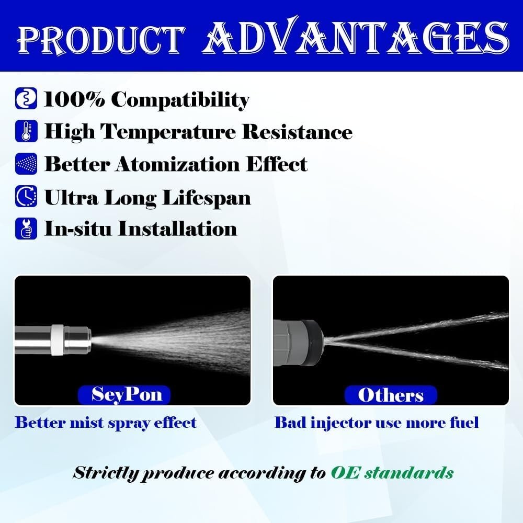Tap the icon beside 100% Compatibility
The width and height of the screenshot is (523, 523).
coord(26,98)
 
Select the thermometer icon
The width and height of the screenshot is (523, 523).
coord(26,131)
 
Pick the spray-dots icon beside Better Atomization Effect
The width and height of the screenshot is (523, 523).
coord(26,163)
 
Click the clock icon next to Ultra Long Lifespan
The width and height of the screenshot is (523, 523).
coord(26,196)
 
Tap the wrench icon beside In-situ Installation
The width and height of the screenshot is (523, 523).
coord(26,229)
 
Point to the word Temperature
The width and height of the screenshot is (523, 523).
coord(168,132)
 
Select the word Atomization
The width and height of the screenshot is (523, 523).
coord(178,164)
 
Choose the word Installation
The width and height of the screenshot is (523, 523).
coord(178,229)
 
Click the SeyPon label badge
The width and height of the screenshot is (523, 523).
coord(124,395)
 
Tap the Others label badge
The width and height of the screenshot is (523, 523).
coord(391,395)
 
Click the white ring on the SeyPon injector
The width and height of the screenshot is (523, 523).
coord(58,340)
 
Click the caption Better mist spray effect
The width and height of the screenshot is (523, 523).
coord(106,423)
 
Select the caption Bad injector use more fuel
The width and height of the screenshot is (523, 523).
coord(377,423)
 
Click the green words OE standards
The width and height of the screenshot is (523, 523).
coord(392,473)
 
